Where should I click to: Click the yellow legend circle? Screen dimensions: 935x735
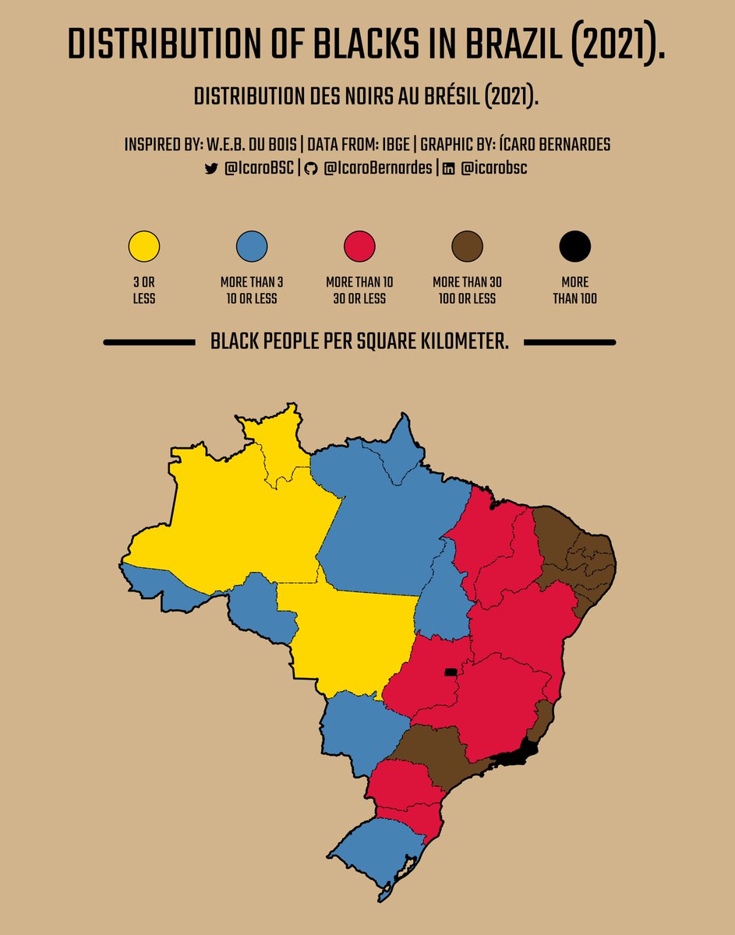(x=144, y=247)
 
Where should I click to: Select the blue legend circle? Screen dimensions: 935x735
(x=252, y=247)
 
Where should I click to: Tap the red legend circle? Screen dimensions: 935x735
(x=359, y=247)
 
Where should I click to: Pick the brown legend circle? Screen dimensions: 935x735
(x=467, y=247)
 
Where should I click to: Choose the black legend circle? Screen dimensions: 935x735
(x=575, y=247)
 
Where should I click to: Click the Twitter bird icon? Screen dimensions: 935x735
(x=210, y=168)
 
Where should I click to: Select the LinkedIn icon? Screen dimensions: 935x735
(x=448, y=168)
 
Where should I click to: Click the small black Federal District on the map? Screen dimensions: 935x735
(x=450, y=672)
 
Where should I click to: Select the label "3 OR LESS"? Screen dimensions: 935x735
(x=144, y=290)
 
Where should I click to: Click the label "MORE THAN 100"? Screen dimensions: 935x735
(x=575, y=290)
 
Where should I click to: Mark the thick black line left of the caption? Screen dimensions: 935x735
(x=148, y=342)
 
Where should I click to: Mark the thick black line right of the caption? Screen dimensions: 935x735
(x=570, y=342)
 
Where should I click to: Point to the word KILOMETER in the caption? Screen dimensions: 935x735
(x=465, y=342)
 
